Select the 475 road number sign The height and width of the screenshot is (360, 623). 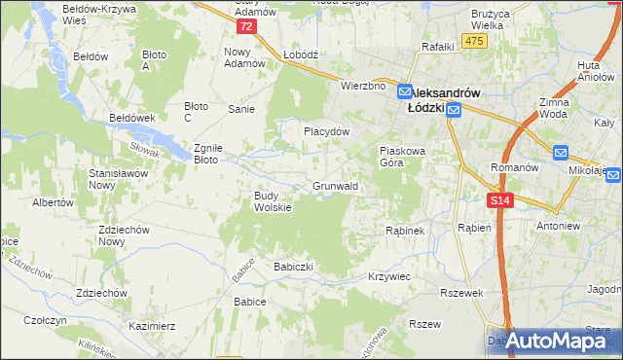pos(474,40)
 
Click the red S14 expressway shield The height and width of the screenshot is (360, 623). pos(499,200)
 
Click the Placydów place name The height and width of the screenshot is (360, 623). pos(325,130)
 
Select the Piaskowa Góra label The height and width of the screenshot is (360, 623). pos(404,157)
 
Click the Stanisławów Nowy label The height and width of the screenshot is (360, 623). pos(102,177)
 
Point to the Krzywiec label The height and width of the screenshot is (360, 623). pos(389,277)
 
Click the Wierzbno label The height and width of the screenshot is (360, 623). pos(362,86)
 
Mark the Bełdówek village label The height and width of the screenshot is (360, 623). pos(134,118)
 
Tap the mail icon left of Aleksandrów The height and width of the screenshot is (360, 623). pos(407,87)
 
